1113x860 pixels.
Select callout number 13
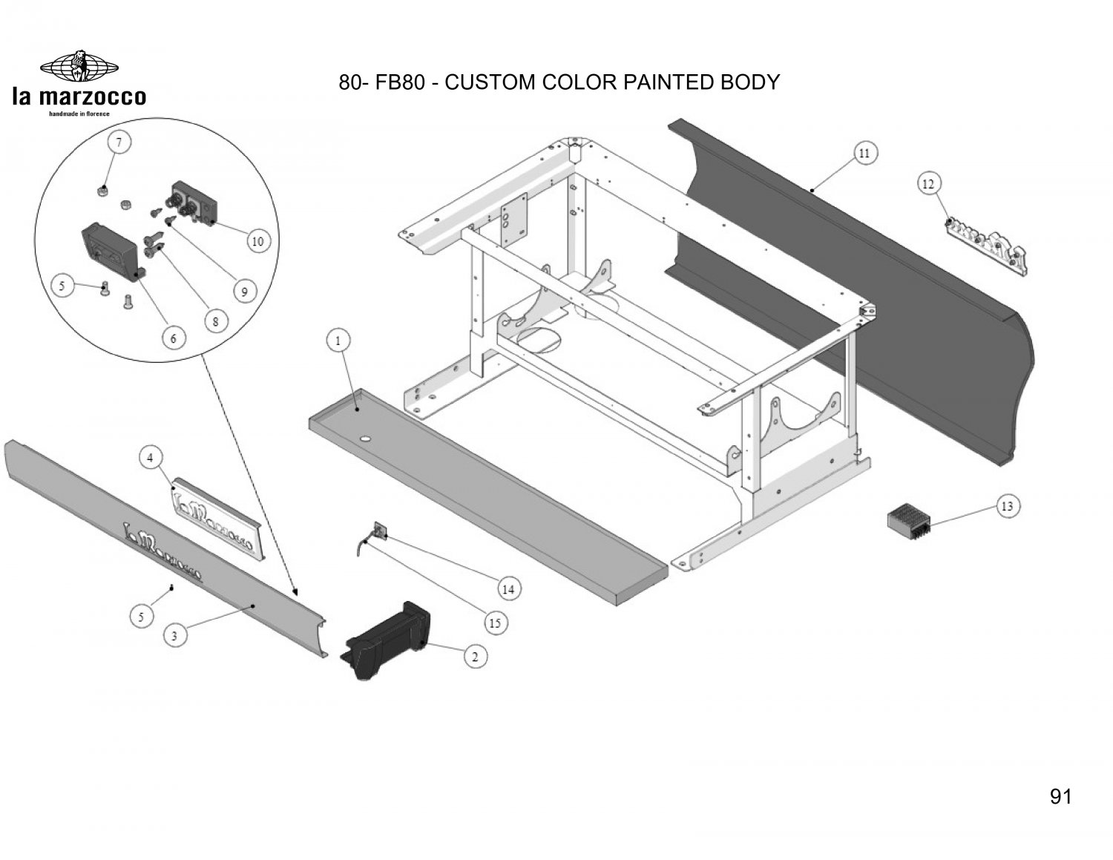pyautogui.click(x=1008, y=507)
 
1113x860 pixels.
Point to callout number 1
pyautogui.click(x=338, y=341)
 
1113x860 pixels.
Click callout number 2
pyautogui.click(x=475, y=656)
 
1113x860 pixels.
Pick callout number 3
pyautogui.click(x=174, y=635)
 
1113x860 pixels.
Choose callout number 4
pyautogui.click(x=150, y=459)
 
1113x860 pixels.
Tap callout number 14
pyautogui.click(x=508, y=589)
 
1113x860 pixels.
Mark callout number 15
pyautogui.click(x=496, y=623)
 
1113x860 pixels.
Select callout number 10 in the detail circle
pyautogui.click(x=257, y=241)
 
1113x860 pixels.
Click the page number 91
pyautogui.click(x=1060, y=797)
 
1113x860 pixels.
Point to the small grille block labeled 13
pyautogui.click(x=909, y=516)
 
